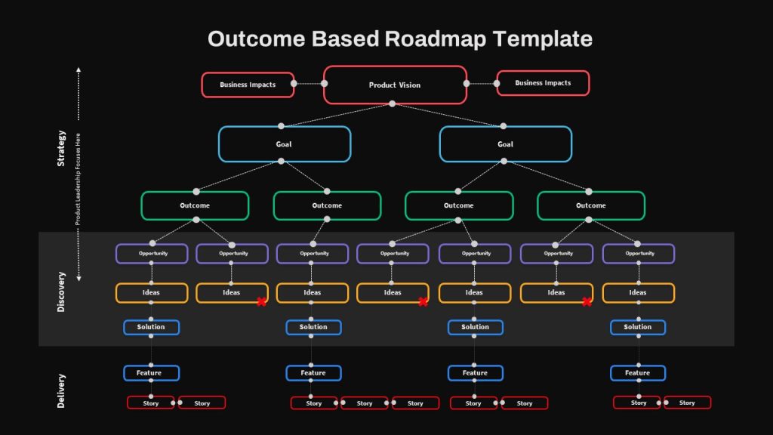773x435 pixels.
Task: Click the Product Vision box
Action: coord(395,85)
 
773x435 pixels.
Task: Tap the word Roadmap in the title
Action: coord(436,39)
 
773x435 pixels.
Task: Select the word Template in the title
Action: coord(543,39)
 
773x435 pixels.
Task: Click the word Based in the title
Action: coord(345,39)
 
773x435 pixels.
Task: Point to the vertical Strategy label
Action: coord(61,149)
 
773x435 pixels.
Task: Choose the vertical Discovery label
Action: coord(61,292)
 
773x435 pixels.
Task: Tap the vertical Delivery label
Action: coord(61,390)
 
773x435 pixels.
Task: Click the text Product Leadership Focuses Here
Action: coord(78,179)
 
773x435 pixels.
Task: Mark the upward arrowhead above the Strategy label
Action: coord(79,70)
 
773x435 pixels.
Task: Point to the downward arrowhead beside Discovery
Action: coord(79,279)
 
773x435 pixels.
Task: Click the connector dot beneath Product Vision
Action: coord(393,103)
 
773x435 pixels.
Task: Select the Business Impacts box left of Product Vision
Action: coord(248,85)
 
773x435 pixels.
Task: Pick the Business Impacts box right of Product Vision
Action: coord(543,83)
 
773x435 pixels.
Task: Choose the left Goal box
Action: coord(285,144)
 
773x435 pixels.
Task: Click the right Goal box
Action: coord(506,144)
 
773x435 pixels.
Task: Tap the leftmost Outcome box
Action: coord(195,205)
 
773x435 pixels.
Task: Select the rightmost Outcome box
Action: coord(591,205)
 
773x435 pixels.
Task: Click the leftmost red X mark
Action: coord(262,302)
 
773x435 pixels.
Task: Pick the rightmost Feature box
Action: coord(638,373)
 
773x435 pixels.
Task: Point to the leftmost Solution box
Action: coord(151,327)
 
